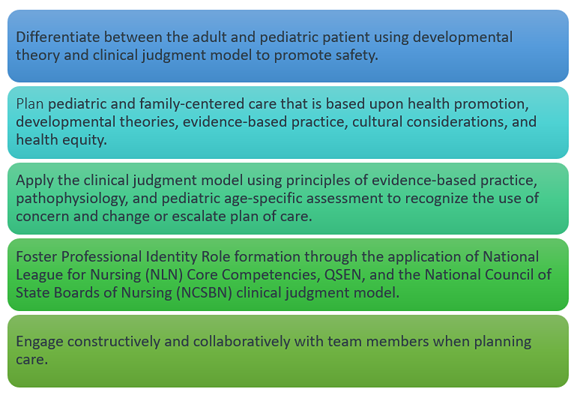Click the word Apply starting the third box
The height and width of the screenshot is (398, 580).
coord(34,182)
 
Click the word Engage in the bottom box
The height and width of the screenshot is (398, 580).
coord(40,342)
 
